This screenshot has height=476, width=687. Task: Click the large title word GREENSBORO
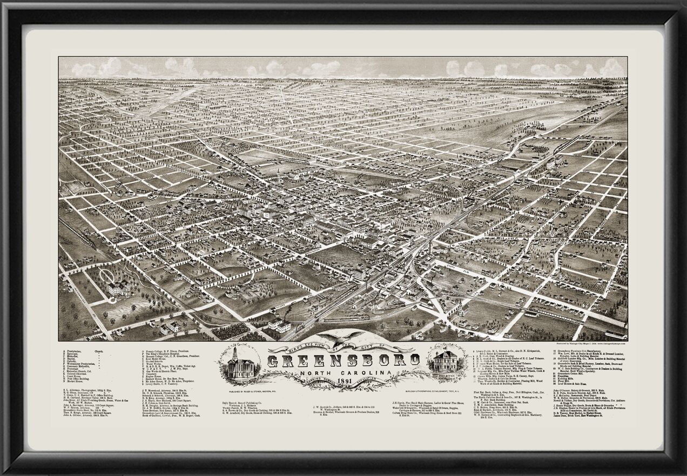coord(343,360)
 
